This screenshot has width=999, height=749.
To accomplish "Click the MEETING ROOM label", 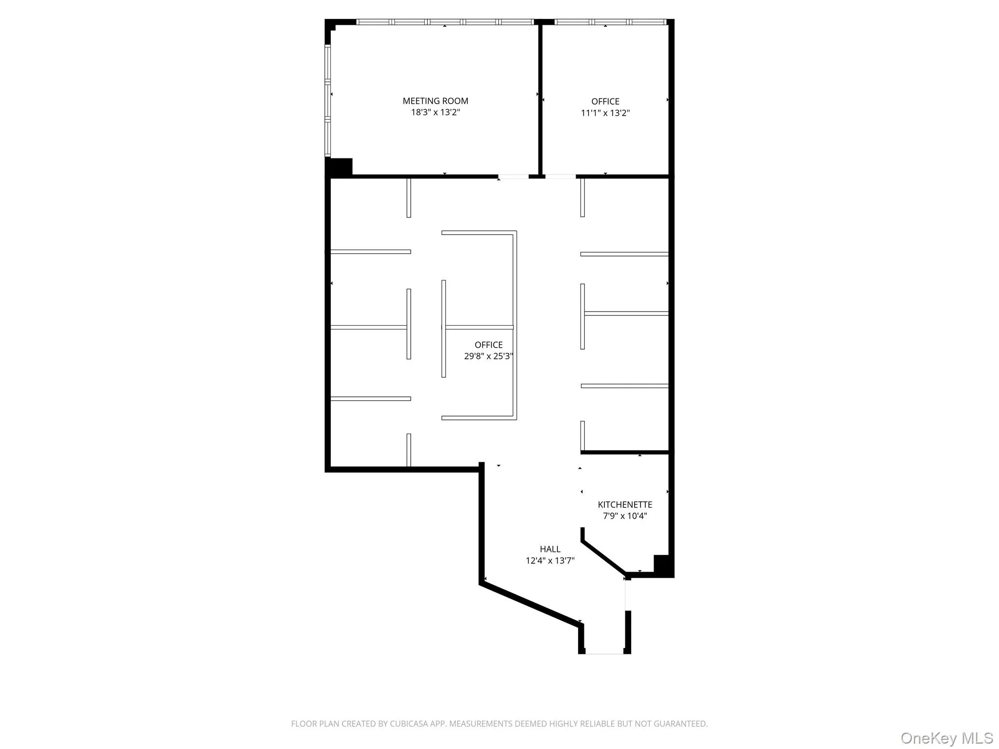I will (x=435, y=101).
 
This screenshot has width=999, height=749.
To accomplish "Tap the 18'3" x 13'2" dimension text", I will (x=435, y=113).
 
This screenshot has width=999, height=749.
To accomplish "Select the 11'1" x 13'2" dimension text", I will (x=605, y=113).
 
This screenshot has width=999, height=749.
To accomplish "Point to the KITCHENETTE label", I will (x=625, y=505).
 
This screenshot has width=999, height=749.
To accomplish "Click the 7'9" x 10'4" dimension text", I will (x=625, y=516).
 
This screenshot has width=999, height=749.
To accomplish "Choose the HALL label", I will (x=550, y=549).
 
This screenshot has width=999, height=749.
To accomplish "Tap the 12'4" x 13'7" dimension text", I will (x=550, y=561).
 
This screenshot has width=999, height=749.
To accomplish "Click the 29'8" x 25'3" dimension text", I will (x=488, y=356).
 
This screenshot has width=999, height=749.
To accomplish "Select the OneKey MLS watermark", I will (x=946, y=738).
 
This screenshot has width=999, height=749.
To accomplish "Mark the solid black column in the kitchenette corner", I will (x=662, y=566).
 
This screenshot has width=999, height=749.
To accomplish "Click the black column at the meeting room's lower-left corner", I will (x=340, y=167).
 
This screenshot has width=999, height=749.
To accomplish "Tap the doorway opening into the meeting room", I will (x=513, y=177).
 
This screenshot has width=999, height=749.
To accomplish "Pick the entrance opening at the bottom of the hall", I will (x=604, y=652).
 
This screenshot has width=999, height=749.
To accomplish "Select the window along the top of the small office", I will (x=610, y=22).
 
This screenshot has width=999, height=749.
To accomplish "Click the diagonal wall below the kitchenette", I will (x=604, y=556).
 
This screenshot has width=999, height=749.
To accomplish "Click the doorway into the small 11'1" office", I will (x=560, y=177).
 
